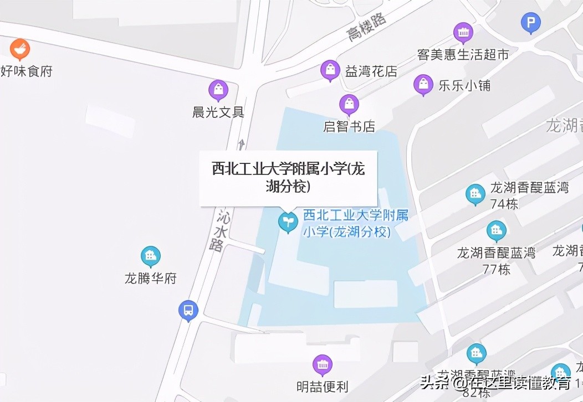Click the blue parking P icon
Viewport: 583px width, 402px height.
[x=531, y=23]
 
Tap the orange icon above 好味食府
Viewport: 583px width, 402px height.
[x=20, y=49]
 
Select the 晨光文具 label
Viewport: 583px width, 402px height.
[x=214, y=112]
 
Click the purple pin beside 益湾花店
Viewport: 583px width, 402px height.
[x=330, y=70]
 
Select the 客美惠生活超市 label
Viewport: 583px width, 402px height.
[x=463, y=54]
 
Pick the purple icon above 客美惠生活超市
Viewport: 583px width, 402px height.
[x=463, y=32]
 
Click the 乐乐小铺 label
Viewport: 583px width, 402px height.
[x=464, y=86]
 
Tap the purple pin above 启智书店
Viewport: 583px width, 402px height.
[x=349, y=104]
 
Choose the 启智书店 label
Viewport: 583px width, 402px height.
[x=349, y=126]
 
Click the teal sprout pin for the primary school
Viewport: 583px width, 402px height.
[x=288, y=222]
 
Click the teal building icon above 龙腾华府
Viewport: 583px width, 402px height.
[x=150, y=256]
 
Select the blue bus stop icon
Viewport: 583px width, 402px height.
[x=188, y=310]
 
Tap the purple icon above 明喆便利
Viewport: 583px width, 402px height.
[x=323, y=364]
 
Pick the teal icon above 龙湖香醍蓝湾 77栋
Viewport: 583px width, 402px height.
[x=496, y=230]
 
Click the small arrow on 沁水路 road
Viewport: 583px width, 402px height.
[x=241, y=143]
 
